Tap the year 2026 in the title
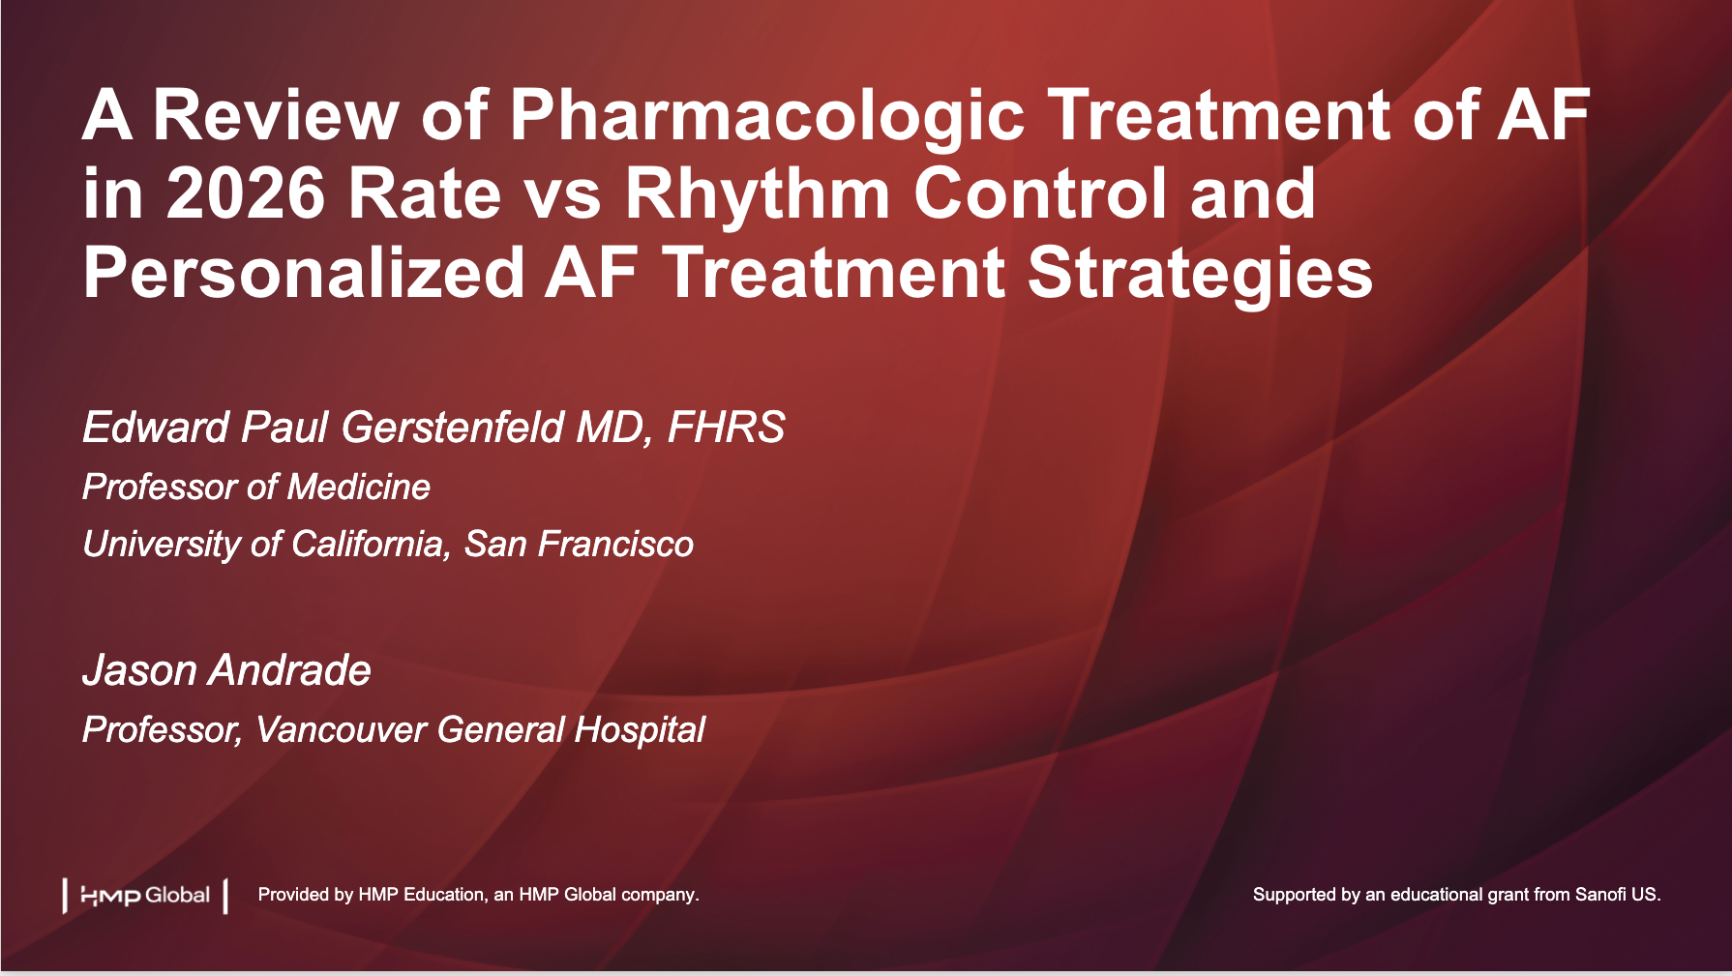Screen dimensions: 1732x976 [246, 193]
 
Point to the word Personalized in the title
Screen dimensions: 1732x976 [304, 273]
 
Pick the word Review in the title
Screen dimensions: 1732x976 [276, 115]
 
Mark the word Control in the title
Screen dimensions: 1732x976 [1040, 193]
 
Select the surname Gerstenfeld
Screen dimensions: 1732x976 [453, 428]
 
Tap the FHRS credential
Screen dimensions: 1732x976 [726, 428]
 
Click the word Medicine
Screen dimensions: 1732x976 [359, 487]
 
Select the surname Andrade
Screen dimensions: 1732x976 [290, 670]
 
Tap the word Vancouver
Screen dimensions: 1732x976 [341, 729]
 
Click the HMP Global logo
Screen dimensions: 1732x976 [145, 896]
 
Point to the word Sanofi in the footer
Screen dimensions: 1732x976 [1600, 895]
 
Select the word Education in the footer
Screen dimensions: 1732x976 [444, 895]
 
